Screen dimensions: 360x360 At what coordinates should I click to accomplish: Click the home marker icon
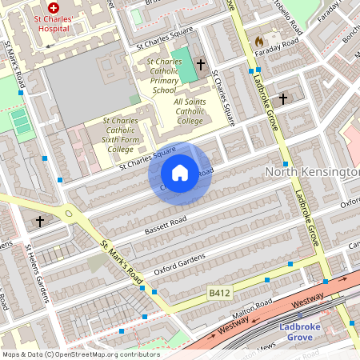[180, 173]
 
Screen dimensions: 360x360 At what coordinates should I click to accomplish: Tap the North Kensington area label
[311, 171]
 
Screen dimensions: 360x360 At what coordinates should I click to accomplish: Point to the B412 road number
[219, 294]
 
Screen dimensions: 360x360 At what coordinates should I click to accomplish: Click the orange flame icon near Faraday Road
[258, 41]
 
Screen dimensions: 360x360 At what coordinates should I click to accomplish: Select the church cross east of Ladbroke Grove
[283, 98]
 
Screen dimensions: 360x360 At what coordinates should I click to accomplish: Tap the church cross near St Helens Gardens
[40, 220]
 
